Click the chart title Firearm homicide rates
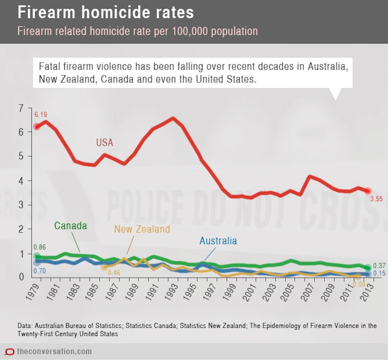click(106, 13)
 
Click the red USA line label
click(105, 143)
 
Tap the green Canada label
click(71, 225)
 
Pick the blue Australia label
click(218, 241)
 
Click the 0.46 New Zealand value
click(114, 272)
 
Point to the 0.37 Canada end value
click(379, 266)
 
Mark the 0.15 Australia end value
click(379, 274)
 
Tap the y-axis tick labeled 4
click(20, 181)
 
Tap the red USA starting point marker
click(36, 126)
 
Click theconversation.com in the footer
click(54, 351)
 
